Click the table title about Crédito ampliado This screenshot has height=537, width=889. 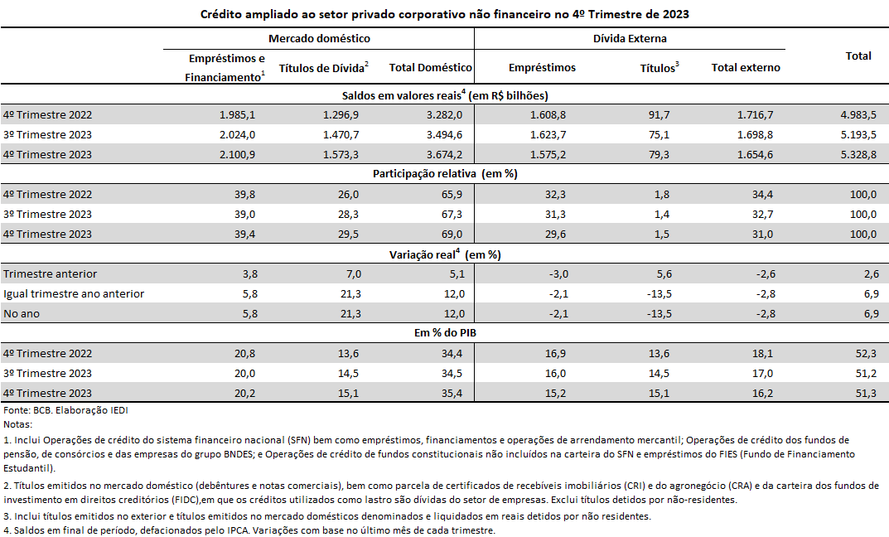point(444,14)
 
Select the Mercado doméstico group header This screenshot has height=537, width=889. point(319,39)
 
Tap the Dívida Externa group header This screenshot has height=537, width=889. point(630,39)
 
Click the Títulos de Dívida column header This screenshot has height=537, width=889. point(324,67)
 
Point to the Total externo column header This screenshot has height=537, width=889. point(746,67)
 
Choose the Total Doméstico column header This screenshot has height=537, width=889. point(430,67)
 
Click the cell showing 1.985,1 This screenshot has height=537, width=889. point(237,115)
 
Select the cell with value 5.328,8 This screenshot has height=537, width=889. point(858,155)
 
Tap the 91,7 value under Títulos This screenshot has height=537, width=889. point(659,115)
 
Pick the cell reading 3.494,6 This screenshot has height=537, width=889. point(444,135)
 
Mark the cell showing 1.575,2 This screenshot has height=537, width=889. point(548,155)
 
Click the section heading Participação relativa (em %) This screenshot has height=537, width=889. point(445,174)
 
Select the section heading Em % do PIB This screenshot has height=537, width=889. point(445,333)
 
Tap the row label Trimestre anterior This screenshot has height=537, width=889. point(50,274)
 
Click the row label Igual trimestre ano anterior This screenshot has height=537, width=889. point(74,293)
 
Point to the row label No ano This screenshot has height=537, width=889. point(22,313)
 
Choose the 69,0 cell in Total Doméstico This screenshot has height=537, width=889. point(452,235)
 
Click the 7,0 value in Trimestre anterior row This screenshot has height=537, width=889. point(354,274)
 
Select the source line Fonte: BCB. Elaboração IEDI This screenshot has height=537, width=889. point(65,410)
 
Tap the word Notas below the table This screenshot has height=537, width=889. point(18,424)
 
